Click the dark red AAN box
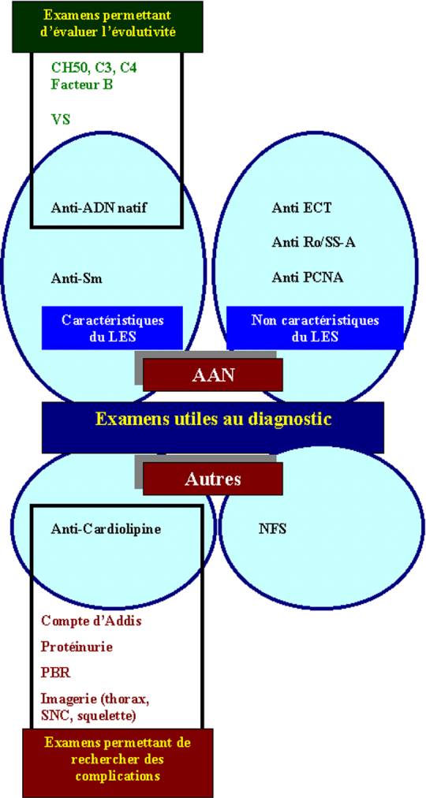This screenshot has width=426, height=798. [213, 375]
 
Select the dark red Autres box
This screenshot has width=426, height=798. [213, 479]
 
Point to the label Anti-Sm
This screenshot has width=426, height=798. [77, 278]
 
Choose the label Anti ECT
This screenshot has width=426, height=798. [301, 207]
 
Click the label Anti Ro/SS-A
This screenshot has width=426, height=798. [313, 242]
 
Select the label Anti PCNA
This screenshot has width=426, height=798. [308, 278]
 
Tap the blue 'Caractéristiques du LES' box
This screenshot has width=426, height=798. [112, 328]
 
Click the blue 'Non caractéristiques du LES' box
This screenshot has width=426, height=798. [315, 328]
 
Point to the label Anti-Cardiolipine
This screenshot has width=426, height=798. [106, 529]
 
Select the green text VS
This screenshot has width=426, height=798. [60, 120]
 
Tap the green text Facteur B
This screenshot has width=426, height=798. [81, 84]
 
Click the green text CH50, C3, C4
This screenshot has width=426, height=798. [94, 67]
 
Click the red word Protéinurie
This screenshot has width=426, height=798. [77, 647]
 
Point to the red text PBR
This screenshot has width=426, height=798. [55, 673]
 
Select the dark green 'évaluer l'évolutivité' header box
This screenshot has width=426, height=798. [107, 27]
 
